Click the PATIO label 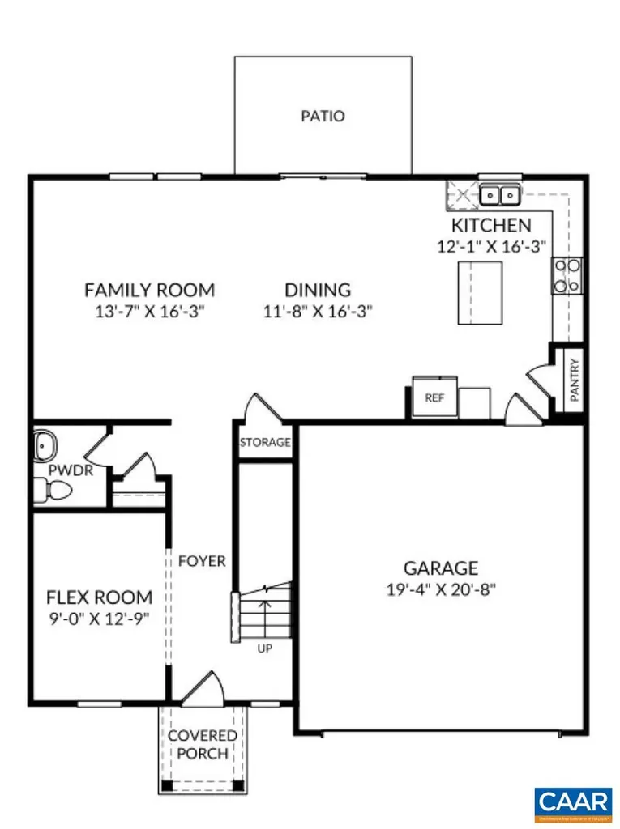(323, 116)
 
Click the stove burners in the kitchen (566, 274)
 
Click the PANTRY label (574, 380)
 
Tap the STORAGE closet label (265, 443)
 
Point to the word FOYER (202, 561)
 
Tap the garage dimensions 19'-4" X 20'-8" (441, 590)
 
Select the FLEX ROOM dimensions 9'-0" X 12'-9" (98, 619)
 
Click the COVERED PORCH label (203, 745)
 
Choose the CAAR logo (573, 801)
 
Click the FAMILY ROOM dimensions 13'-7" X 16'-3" (150, 311)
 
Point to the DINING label (318, 290)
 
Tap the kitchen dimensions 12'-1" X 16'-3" (491, 245)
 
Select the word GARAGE (441, 568)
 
